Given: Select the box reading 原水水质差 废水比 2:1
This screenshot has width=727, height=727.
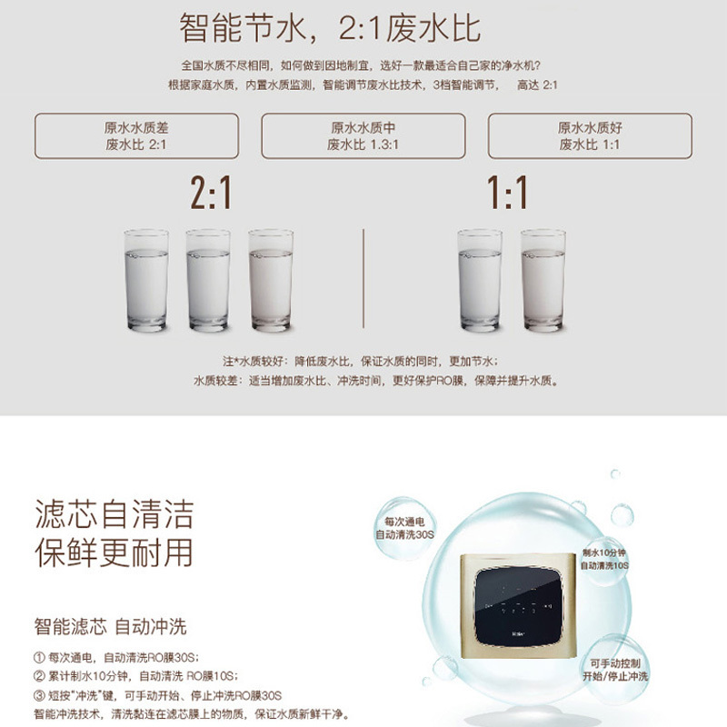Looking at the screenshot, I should click(136, 136).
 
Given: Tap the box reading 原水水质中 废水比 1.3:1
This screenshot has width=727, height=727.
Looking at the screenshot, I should click(363, 136).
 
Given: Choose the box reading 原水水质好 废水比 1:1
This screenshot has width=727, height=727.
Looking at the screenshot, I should click(590, 136).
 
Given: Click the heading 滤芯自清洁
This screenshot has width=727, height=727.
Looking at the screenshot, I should click(114, 515).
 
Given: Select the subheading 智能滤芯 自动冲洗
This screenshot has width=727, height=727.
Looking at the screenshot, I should click(110, 627).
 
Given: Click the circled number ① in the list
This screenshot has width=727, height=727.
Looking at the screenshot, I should click(39, 657).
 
